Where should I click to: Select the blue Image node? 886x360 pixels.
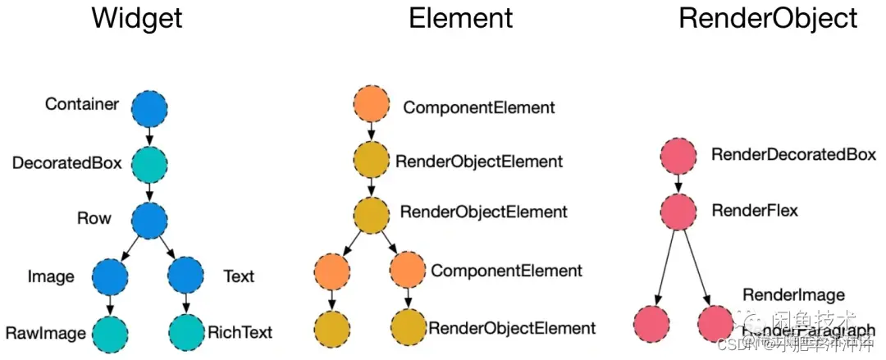point(111,276)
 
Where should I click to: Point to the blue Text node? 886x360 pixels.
point(186,276)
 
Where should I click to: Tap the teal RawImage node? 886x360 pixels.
point(111,332)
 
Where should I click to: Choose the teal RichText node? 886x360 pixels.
point(186,332)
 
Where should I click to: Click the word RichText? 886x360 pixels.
point(240,333)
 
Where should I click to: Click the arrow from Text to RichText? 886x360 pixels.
point(186,304)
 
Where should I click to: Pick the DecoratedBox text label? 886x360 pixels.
point(66,163)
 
